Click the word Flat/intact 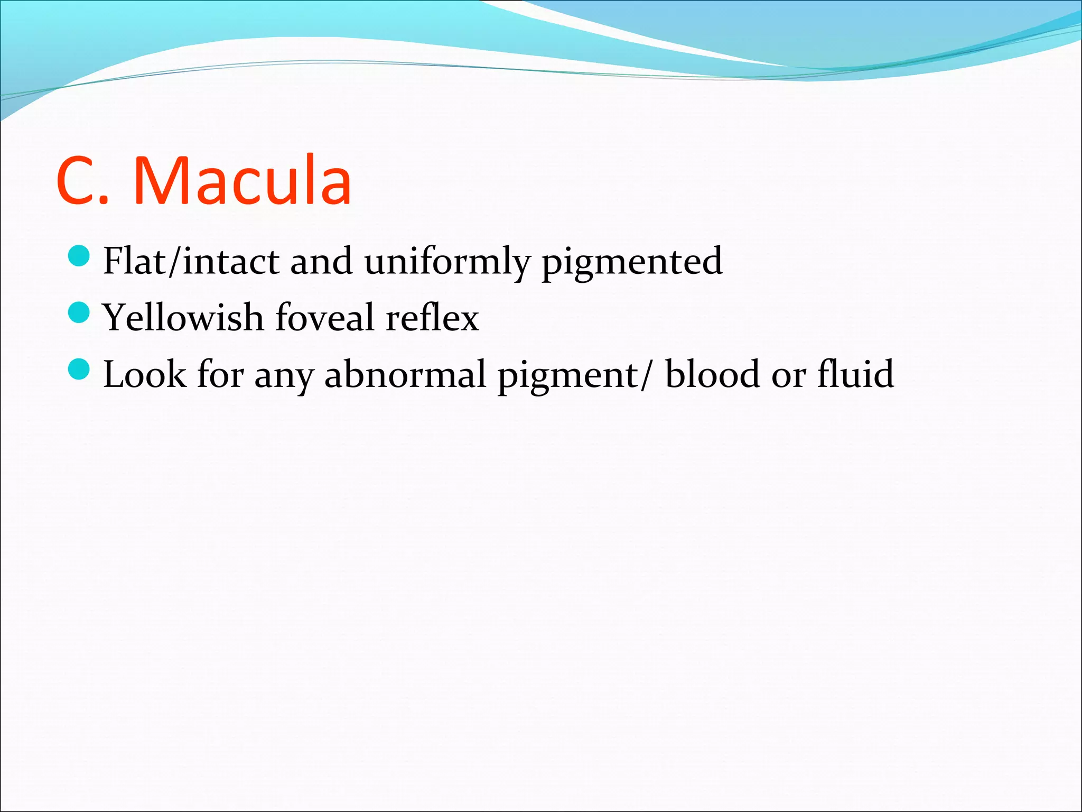(191, 261)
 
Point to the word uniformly (446, 261)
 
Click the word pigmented (632, 262)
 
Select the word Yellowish (183, 318)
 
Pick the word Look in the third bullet (144, 374)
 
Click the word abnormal (405, 374)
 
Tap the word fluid (855, 374)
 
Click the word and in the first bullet (321, 261)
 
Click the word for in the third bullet (220, 374)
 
